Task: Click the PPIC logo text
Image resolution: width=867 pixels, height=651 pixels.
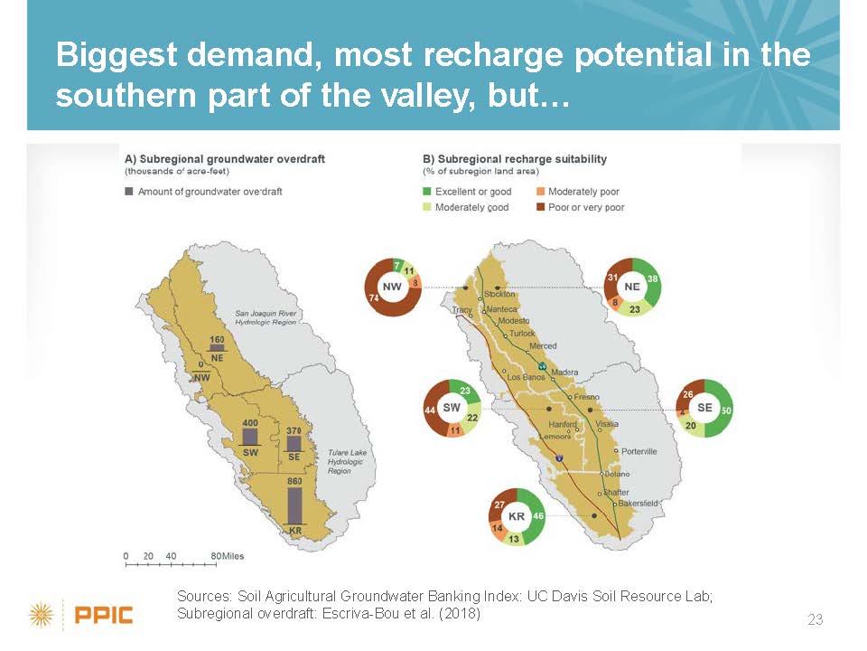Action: coord(103,615)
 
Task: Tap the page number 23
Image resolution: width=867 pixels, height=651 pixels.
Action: coord(815,618)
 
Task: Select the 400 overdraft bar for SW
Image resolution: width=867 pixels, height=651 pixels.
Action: coord(250,438)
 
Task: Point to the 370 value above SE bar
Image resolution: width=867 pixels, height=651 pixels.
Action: coord(294,430)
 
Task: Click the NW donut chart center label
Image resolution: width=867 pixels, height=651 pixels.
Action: coord(392,287)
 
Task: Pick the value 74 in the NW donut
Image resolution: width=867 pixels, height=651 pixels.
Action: coord(374,297)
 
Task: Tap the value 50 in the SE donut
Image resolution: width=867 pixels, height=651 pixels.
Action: coord(726,410)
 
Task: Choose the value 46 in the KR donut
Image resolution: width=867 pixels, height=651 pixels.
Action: coord(538,516)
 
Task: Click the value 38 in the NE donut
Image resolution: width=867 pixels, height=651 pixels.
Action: coord(652,279)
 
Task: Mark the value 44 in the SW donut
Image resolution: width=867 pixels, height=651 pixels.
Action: coord(430,410)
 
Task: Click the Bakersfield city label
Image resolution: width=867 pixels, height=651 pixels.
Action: coord(639,504)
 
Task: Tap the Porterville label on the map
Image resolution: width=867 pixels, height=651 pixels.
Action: coord(639,451)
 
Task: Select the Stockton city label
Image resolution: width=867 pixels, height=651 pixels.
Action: coord(499,294)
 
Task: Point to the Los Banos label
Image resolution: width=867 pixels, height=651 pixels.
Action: coord(526,377)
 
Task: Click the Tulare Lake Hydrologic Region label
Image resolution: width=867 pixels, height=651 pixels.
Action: coord(347,462)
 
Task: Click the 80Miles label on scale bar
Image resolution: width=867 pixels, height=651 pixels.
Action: coord(228,556)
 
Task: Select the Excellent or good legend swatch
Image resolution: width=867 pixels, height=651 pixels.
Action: coord(427,192)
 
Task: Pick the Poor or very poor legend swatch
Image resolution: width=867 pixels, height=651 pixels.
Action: coord(541,207)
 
